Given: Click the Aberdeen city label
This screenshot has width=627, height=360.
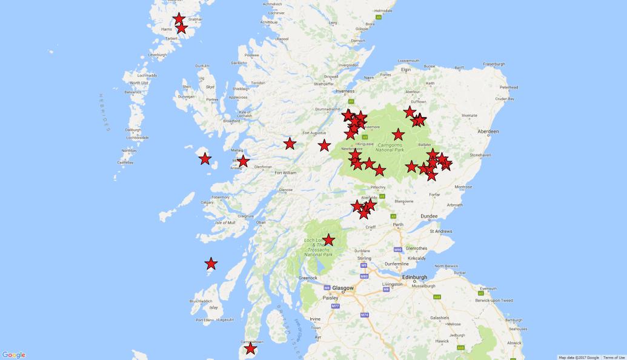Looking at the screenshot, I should pyautogui.click(x=488, y=132).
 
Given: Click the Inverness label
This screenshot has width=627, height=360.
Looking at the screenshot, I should pyautogui.click(x=345, y=92).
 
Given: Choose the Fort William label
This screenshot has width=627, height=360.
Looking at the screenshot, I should pyautogui.click(x=285, y=173).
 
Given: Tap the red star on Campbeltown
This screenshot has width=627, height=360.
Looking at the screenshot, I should pyautogui.click(x=250, y=348).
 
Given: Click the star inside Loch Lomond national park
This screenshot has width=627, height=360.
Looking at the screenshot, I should pyautogui.click(x=328, y=240).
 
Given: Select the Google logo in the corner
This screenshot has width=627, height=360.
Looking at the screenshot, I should pyautogui.click(x=13, y=355).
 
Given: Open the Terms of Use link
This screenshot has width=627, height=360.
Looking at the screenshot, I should pyautogui.click(x=614, y=358).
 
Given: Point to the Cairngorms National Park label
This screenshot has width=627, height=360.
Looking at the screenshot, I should pyautogui.click(x=386, y=147).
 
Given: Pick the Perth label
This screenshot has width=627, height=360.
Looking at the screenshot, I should pyautogui.click(x=398, y=225).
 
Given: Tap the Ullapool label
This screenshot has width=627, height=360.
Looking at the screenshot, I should pyautogui.click(x=282, y=39).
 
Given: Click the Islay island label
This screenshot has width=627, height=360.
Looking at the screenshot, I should pyautogui.click(x=196, y=308).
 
